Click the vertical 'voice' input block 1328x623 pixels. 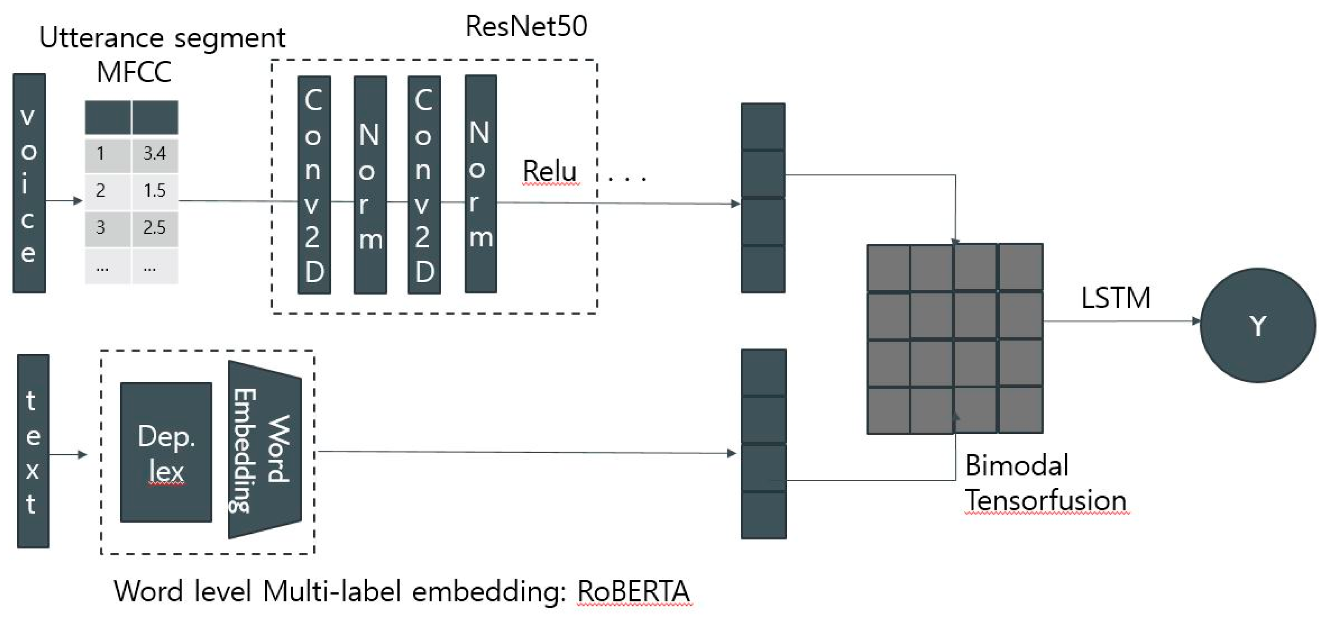coord(29,184)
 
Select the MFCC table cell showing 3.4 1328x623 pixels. coord(155,153)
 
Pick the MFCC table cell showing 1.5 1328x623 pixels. coord(155,191)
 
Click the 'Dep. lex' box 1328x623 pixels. coord(166,452)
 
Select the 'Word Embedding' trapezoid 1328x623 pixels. coord(264,449)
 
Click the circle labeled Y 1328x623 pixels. coord(1257,325)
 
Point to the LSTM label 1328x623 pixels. coord(1115,298)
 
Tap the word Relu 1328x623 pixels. coord(549,171)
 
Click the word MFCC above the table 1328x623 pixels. coord(134,72)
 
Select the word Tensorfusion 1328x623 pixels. coord(1045,500)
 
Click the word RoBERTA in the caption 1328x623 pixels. coord(633,591)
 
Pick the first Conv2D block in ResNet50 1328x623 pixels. coord(314,184)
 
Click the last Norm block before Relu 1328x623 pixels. coord(480,184)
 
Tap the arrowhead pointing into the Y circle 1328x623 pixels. coord(1196,321)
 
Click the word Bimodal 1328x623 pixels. coord(1016,465)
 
